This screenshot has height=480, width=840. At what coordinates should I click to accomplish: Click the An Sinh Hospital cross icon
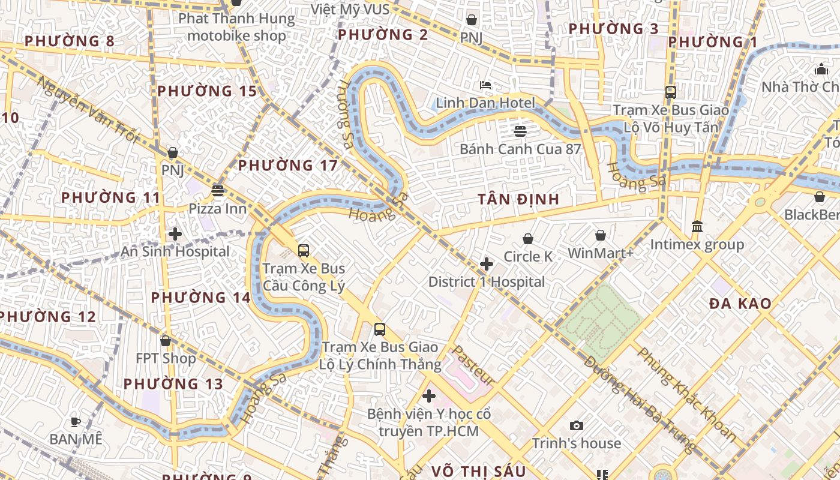tap(175, 234)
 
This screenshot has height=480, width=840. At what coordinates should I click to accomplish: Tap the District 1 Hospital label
tap(487, 281)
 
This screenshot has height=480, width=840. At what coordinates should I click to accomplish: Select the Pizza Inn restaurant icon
tap(218, 191)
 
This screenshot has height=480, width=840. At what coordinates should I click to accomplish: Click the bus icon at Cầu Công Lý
tap(304, 251)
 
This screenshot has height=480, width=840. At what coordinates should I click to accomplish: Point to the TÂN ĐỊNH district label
tap(518, 199)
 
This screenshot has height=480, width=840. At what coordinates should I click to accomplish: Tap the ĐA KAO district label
tap(740, 304)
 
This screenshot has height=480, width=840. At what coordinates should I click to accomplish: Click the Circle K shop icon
tap(528, 239)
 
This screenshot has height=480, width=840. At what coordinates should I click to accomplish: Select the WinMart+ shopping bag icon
tap(601, 236)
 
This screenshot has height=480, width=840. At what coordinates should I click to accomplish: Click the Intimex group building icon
tap(697, 227)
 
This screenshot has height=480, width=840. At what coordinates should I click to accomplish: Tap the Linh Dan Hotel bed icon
tap(485, 85)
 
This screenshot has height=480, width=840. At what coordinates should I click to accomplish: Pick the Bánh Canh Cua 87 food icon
tap(520, 131)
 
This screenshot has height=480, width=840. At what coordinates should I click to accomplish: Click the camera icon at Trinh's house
tap(577, 426)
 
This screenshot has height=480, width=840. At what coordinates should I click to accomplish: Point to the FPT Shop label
tap(166, 358)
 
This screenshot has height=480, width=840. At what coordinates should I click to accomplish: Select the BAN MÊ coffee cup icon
tap(76, 422)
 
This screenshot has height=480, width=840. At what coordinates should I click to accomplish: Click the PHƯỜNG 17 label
tap(288, 166)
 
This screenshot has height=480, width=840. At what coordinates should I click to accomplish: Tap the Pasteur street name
tap(473, 365)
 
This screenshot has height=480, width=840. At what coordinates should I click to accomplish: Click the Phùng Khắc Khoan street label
tap(686, 394)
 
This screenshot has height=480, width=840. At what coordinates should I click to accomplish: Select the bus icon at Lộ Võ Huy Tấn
tap(671, 92)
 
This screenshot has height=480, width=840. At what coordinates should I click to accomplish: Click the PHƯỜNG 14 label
tap(200, 298)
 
